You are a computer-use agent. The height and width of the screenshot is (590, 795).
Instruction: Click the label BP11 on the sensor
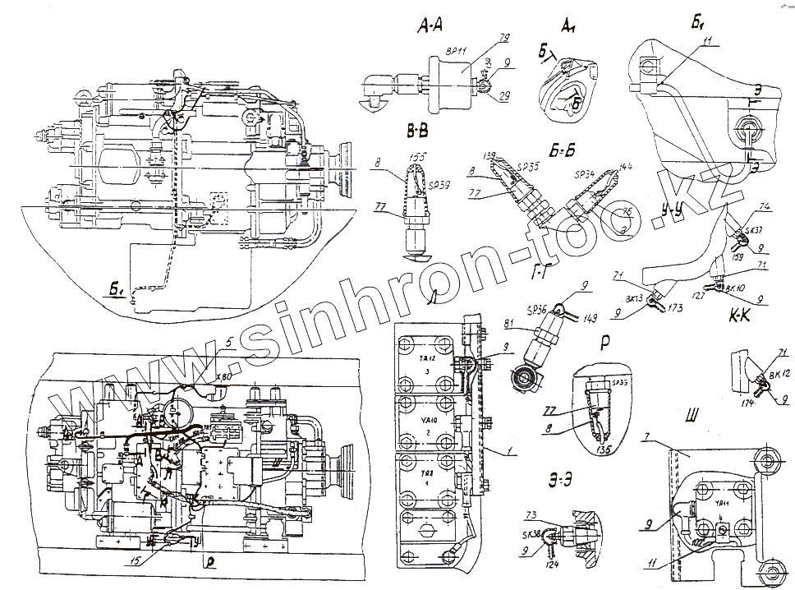click(456, 51)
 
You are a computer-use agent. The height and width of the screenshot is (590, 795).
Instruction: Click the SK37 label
click(752, 231)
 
